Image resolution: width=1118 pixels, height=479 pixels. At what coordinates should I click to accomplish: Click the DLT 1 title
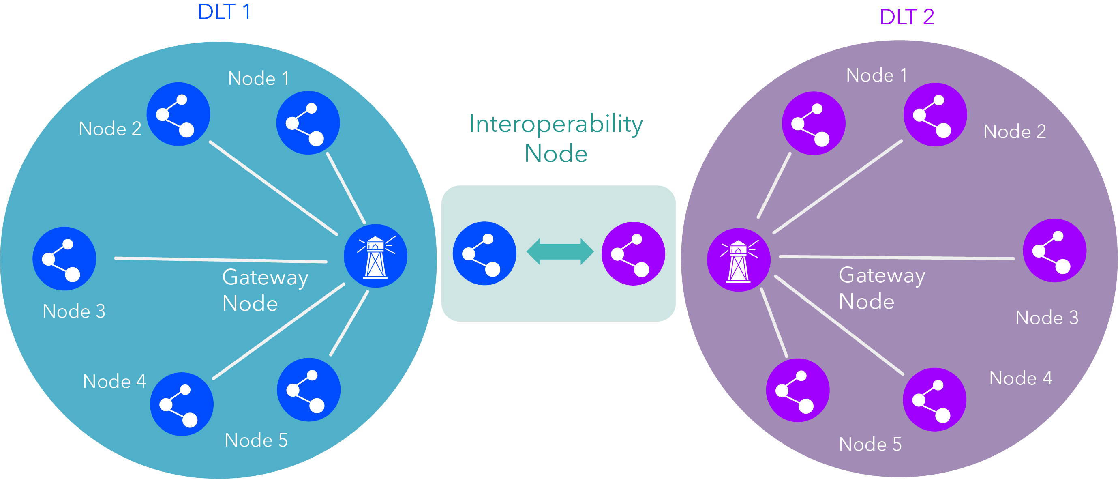click(x=224, y=12)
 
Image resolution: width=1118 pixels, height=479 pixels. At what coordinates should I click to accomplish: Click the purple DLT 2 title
click(x=907, y=17)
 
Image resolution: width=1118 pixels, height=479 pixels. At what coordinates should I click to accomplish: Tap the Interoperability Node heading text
click(x=556, y=138)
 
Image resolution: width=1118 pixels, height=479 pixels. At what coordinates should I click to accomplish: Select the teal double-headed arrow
click(x=560, y=251)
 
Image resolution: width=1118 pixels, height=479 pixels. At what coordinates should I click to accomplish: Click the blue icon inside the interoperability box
click(x=484, y=253)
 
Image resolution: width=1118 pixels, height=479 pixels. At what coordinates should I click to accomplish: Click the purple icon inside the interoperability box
click(x=633, y=253)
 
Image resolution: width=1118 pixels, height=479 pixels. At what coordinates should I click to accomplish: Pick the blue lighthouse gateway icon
click(x=375, y=256)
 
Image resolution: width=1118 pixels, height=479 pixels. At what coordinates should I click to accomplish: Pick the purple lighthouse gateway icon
click(x=739, y=260)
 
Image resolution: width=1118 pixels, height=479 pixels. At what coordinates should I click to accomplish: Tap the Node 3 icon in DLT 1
click(x=64, y=258)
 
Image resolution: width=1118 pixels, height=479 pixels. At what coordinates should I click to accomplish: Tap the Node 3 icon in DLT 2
click(x=1055, y=251)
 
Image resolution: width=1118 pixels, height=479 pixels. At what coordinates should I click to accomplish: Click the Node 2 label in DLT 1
click(x=110, y=129)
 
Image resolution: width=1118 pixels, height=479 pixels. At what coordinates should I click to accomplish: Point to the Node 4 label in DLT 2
click(x=1021, y=378)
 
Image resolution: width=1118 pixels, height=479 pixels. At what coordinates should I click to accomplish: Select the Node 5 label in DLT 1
click(x=256, y=440)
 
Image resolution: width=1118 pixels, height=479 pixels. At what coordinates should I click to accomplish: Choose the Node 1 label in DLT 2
click(x=877, y=75)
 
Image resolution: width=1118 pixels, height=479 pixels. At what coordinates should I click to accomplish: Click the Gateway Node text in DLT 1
click(x=265, y=290)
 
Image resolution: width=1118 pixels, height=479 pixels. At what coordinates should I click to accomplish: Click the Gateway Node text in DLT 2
click(x=882, y=288)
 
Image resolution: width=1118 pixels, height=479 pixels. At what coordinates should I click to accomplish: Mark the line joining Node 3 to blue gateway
click(x=221, y=260)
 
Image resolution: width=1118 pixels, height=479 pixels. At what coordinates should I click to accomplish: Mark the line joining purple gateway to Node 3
click(x=897, y=258)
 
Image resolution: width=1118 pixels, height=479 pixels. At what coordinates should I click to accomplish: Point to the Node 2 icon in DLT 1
click(x=178, y=114)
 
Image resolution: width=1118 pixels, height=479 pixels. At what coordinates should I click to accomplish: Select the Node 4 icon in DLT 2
click(x=934, y=400)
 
